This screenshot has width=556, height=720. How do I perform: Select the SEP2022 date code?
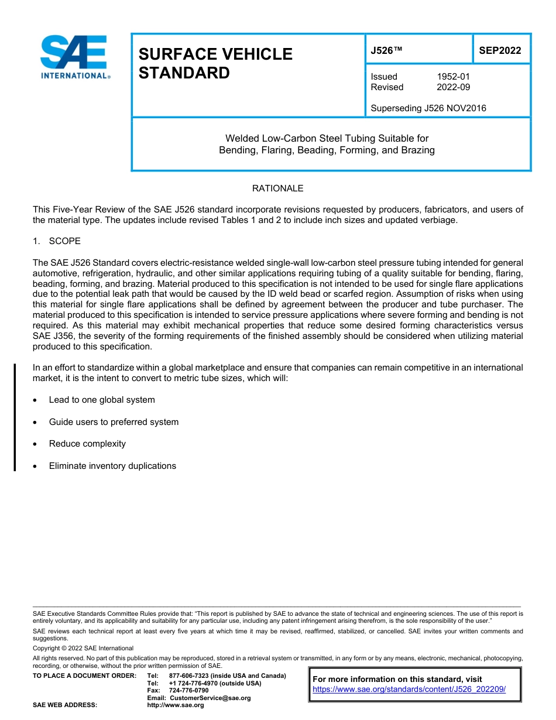pyautogui.click(x=500, y=51)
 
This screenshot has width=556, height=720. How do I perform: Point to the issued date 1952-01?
pyautogui.click(x=453, y=77)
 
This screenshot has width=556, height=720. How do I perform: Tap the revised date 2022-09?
pyautogui.click(x=453, y=87)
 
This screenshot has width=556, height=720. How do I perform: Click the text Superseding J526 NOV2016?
pyautogui.click(x=428, y=108)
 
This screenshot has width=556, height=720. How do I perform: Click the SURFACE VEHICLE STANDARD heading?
pyautogui.click(x=215, y=64)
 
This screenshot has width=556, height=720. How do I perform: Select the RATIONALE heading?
pyautogui.click(x=277, y=188)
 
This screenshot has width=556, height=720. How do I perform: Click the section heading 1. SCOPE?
pyautogui.click(x=57, y=241)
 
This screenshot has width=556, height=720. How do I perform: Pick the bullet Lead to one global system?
pyautogui.click(x=102, y=400)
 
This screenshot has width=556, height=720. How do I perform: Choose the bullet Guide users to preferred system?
pyautogui.click(x=114, y=422)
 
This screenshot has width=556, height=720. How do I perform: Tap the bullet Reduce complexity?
pyautogui.click(x=87, y=444)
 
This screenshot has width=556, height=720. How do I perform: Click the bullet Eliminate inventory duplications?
pyautogui.click(x=112, y=466)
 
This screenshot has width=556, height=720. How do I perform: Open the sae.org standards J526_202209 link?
pyautogui.click(x=409, y=690)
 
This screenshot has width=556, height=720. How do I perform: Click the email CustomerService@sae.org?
pyautogui.click(x=210, y=698)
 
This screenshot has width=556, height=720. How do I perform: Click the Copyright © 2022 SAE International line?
pyautogui.click(x=83, y=648)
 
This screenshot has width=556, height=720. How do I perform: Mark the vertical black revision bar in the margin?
pyautogui.click(x=15, y=417)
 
